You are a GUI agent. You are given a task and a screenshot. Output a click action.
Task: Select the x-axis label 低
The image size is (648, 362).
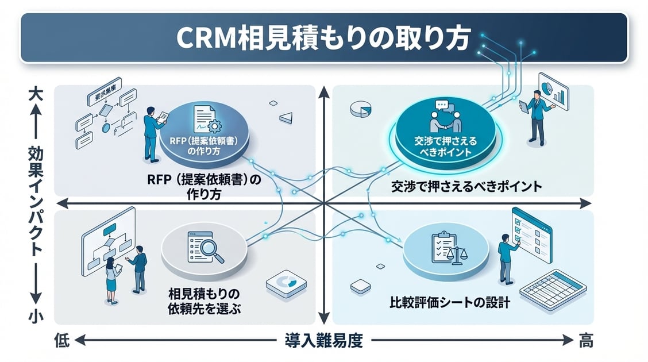point(61,341)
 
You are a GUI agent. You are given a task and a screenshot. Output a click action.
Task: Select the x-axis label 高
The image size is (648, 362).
point(585,341)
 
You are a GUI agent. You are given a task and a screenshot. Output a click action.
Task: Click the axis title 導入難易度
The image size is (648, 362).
point(323,341)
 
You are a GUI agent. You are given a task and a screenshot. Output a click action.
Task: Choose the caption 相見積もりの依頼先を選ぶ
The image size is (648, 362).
point(204,300)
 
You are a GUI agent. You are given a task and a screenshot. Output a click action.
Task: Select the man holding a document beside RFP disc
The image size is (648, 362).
point(152,132)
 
